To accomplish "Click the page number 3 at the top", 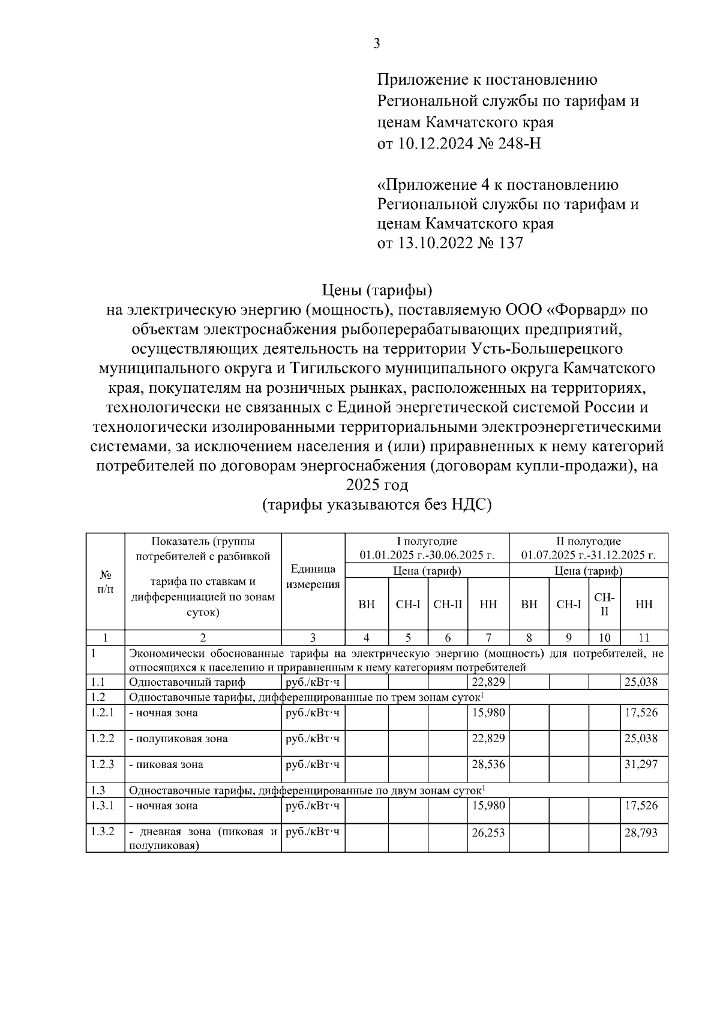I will point(376,44).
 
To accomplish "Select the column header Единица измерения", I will point(313,577).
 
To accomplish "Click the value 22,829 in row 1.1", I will point(488,682).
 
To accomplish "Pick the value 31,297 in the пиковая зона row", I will point(641,764).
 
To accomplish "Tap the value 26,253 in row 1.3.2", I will point(488,833).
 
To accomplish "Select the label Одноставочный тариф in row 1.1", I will point(187,682).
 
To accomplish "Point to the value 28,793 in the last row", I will point(641,833).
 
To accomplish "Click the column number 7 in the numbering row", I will point(488,638).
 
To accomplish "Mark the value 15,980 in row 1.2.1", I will point(488,713).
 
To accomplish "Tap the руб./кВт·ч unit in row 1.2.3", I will point(313,764).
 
